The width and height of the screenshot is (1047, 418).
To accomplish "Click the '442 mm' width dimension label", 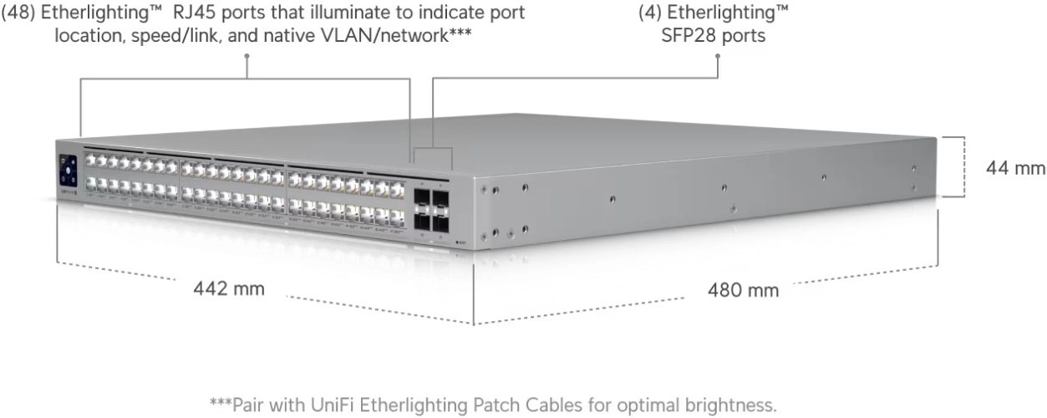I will coord(229,288).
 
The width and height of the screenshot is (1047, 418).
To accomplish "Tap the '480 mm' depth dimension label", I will coord(743,290).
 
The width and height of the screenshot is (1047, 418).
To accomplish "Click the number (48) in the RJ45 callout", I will coord(21,13).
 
